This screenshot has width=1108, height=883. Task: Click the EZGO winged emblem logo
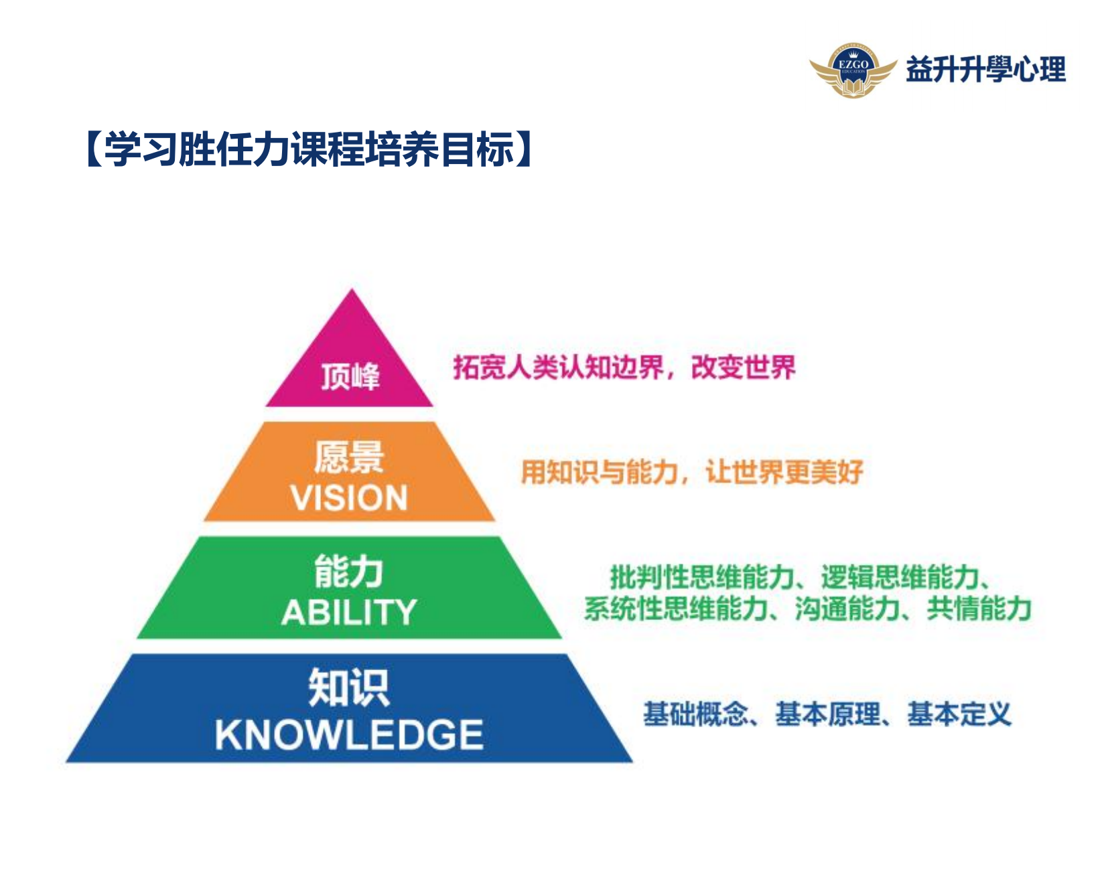pos(853,70)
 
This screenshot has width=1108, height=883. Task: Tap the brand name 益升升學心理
pos(985,70)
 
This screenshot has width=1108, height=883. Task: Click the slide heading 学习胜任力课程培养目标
pos(309,149)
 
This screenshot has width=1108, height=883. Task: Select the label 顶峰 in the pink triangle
pos(350,376)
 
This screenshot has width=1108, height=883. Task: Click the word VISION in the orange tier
pos(349,498)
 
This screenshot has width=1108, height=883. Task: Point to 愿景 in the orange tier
pos(349,457)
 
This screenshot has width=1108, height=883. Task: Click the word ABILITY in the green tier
pos(349,612)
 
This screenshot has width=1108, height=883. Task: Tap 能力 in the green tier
pos(349,572)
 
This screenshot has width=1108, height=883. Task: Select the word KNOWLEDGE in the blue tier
pos(349,734)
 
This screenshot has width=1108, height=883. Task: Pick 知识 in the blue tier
pos(349,688)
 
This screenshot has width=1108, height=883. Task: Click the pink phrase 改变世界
pos(743,367)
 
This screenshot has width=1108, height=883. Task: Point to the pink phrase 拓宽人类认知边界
pos(558,367)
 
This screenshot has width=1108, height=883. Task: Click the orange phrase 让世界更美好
pos(784,472)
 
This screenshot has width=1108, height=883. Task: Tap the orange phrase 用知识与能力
pos(600,472)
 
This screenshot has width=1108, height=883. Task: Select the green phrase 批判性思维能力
pos(701,576)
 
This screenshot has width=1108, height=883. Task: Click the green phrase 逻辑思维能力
pos(900,576)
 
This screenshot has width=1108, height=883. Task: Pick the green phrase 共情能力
pos(979,609)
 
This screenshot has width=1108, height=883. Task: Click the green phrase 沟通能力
pos(847,609)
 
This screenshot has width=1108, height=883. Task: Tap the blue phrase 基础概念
pos(695,714)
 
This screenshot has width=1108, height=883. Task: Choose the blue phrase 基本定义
pos(959,714)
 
